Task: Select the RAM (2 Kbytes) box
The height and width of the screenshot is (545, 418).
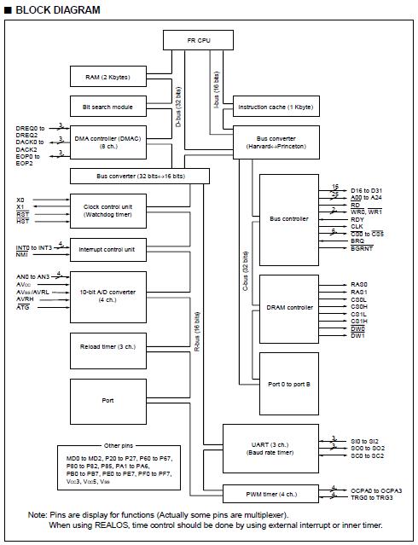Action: pos(107,78)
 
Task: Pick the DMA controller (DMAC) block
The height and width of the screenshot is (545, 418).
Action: pos(107,141)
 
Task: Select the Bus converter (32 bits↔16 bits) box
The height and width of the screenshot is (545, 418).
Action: pos(140,176)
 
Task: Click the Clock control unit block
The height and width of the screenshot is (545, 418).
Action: pos(107,209)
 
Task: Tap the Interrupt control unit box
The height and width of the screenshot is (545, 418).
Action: pos(107,249)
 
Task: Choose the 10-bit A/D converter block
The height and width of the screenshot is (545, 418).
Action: pos(107,295)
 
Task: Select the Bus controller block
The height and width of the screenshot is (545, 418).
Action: pos(288,219)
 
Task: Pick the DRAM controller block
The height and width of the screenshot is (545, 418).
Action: pos(288,307)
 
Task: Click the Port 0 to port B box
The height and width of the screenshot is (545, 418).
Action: pos(288,384)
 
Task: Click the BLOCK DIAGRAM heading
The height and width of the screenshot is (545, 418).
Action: pos(52,10)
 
